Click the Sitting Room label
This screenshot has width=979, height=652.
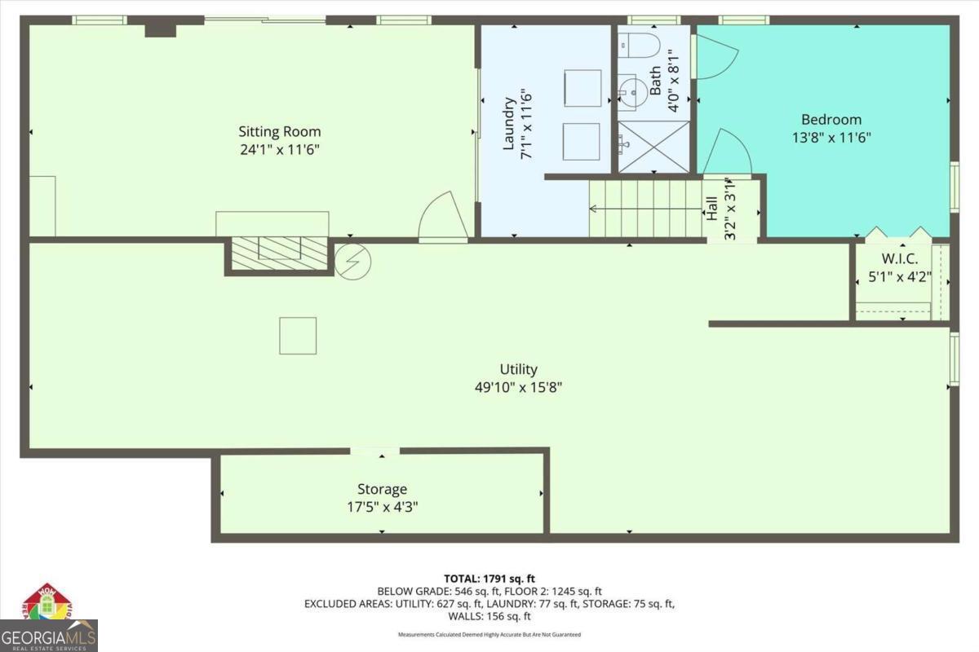click(279, 131)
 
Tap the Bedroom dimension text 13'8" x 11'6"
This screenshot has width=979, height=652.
click(831, 138)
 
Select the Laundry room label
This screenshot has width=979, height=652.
click(509, 124)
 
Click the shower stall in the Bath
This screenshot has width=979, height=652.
click(653, 147)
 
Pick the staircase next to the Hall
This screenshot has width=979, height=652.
click(645, 209)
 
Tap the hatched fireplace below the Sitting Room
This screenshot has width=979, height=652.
click(278, 253)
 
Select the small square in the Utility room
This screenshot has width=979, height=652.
click(298, 336)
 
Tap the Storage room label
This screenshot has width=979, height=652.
click(382, 489)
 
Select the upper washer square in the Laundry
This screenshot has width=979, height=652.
click(583, 88)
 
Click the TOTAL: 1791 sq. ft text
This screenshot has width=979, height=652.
click(489, 579)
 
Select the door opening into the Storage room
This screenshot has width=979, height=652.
click(374, 451)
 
